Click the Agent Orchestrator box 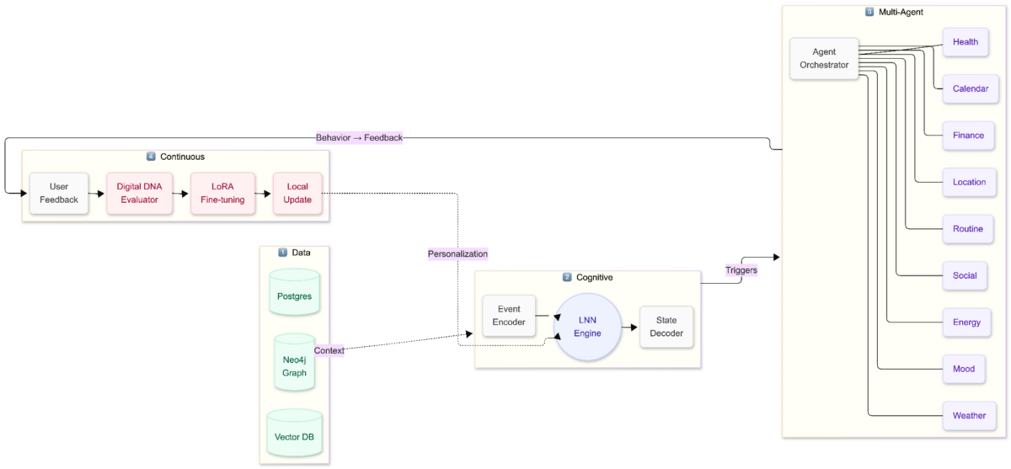[x=824, y=59]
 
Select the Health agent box [x=965, y=42]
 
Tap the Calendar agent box [x=970, y=88]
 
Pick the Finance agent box [x=968, y=136]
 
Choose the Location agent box [x=969, y=182]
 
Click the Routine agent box [x=967, y=229]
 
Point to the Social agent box [x=965, y=275]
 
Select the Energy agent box [x=966, y=322]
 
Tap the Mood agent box [x=964, y=369]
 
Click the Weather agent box [x=969, y=416]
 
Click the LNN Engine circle [x=587, y=328]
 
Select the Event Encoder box [x=508, y=316]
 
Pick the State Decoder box [x=666, y=327]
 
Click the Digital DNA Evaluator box [x=139, y=193]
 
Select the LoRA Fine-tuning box [x=222, y=193]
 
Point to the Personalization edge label [x=457, y=253]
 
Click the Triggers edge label [x=741, y=270]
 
